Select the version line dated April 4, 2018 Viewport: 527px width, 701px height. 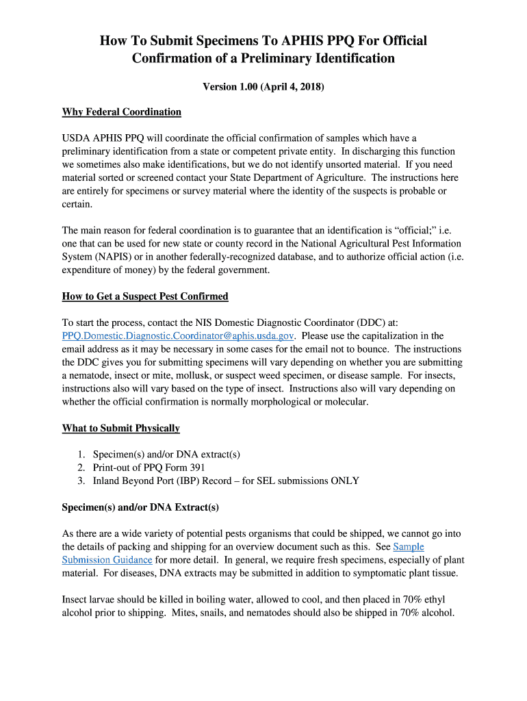click(263, 87)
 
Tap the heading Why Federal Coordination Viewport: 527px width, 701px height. click(122, 112)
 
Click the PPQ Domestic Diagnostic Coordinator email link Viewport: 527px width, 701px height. click(179, 335)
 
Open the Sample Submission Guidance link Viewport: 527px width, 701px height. click(408, 546)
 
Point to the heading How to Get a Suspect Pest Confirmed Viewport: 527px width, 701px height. click(145, 296)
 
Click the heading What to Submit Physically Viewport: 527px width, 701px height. click(121, 428)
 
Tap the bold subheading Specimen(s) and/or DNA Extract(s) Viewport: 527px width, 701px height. click(140, 507)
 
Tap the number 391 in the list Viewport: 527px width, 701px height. click(196, 468)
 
